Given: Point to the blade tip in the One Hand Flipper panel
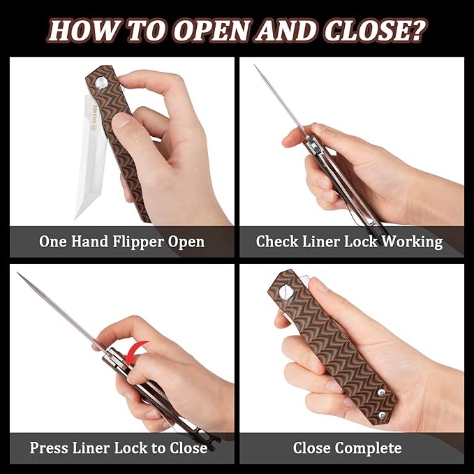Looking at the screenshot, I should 77,216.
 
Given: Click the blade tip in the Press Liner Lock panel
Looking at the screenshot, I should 19,274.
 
